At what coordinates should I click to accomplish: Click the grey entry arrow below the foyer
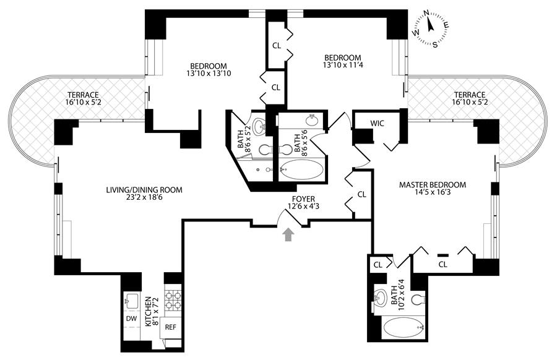tap(288, 234)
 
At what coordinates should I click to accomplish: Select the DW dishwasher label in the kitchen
tap(131, 319)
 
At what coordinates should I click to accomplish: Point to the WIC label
tap(378, 123)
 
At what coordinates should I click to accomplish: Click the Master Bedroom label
tap(432, 185)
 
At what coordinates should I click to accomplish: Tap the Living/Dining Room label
tap(144, 190)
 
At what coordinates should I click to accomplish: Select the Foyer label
tap(305, 200)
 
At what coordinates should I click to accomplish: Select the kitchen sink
tap(132, 301)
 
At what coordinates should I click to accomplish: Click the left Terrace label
tap(84, 95)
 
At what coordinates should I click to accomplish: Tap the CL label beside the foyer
tap(362, 194)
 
